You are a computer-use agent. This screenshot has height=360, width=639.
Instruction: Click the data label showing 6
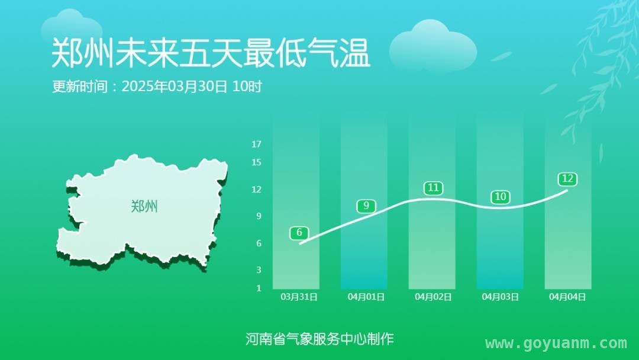(299, 233)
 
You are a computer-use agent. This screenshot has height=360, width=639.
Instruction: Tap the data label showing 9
(366, 206)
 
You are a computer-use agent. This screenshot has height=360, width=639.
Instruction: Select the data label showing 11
(433, 188)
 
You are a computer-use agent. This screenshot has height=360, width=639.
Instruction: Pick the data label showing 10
(501, 197)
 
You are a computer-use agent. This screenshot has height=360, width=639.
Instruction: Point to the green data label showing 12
(567, 179)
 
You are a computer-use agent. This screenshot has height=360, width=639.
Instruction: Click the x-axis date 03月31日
(299, 297)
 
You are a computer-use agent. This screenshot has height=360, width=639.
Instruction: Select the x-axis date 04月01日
(366, 297)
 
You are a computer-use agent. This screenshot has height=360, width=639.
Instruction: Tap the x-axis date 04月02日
(433, 297)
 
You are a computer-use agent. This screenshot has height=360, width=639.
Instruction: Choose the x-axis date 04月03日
(501, 297)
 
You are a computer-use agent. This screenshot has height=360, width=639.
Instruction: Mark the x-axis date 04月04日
(567, 297)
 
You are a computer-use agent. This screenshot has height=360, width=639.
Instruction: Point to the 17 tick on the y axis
(256, 144)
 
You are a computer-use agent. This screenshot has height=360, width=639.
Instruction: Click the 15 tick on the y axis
(256, 162)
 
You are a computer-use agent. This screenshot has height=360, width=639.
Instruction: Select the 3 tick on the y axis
(259, 270)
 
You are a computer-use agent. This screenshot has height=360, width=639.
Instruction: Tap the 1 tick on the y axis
(259, 288)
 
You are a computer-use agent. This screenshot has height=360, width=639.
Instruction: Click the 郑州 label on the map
(144, 206)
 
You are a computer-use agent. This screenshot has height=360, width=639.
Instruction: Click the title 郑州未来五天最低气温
(211, 53)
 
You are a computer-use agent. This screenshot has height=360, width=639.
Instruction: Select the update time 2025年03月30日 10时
(192, 86)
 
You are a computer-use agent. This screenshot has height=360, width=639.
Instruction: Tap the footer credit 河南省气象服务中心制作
(319, 339)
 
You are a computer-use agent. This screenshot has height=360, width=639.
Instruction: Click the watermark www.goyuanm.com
(556, 343)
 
